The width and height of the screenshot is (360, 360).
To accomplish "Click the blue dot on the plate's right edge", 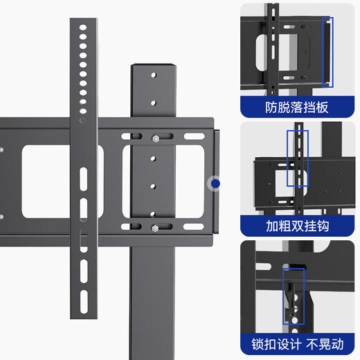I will [215, 183].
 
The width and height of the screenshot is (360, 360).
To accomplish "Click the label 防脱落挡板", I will [296, 107].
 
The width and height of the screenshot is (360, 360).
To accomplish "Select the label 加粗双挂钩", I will [296, 226].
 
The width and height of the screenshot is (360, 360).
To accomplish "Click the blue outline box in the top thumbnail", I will [327, 52].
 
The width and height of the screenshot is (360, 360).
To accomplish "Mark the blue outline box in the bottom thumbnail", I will [294, 296].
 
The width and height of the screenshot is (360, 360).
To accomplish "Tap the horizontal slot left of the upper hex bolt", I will [136, 138].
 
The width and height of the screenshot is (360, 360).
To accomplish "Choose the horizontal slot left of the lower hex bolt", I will [136, 226].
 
